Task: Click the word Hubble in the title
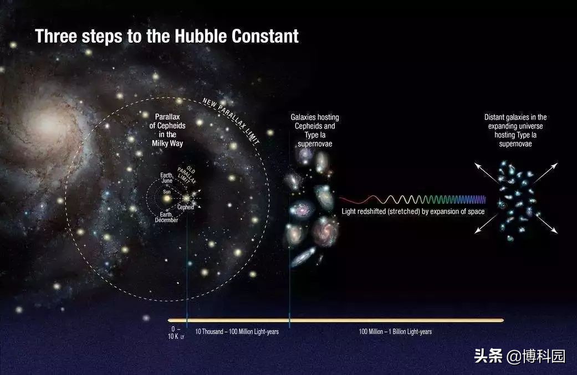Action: point(201,36)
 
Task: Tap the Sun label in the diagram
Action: point(167,192)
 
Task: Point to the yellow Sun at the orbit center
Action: point(167,199)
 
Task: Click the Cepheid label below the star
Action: point(186,207)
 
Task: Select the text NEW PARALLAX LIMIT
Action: point(231,121)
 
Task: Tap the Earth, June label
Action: point(167,178)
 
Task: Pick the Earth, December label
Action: point(166,217)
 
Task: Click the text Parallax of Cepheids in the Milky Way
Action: point(167,130)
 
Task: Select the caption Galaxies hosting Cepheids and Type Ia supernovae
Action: point(315,131)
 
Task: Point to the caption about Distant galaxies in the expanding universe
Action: point(515,131)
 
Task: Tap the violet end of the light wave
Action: point(484,199)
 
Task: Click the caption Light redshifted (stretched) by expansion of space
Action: point(413,212)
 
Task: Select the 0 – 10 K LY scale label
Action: point(176,333)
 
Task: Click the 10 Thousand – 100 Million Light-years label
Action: point(237,332)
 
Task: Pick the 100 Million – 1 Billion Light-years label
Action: point(395,332)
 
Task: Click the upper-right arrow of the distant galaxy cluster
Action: point(545,173)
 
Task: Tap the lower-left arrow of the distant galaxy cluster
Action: point(487,224)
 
